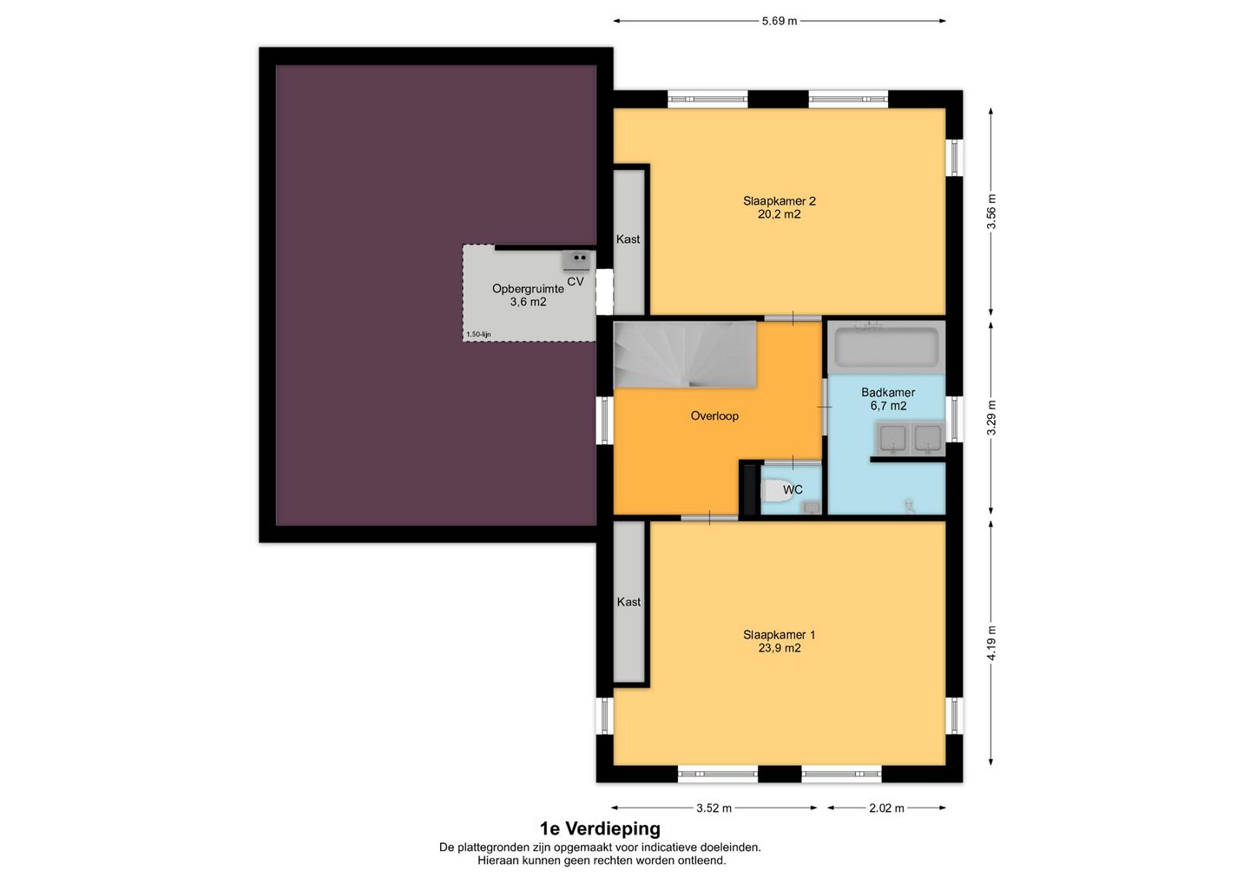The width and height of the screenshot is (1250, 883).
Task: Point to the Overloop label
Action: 714,415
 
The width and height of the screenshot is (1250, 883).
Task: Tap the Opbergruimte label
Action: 528,289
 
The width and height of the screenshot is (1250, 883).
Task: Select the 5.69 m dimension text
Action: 780,21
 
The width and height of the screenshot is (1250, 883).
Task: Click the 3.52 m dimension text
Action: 714,808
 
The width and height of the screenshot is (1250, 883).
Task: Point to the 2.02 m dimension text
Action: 887,808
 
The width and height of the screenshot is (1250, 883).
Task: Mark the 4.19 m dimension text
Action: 991,643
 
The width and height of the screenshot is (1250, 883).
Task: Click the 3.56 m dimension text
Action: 991,212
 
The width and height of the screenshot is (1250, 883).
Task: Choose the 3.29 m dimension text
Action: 991,418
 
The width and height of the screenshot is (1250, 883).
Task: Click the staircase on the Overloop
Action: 685,355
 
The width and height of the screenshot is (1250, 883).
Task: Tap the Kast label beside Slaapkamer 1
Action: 628,602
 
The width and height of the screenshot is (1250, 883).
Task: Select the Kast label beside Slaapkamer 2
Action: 628,239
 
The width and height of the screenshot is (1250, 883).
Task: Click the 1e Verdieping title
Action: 600,829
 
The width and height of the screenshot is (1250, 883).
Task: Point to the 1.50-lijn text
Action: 479,335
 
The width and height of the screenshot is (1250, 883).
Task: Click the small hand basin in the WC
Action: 811,507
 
